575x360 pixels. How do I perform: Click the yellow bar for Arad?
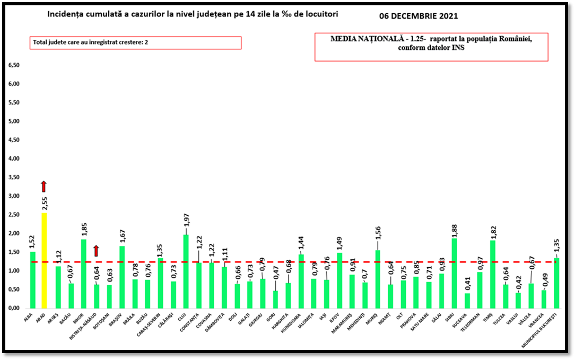click(x=45, y=260)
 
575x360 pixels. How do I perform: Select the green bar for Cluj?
click(x=185, y=271)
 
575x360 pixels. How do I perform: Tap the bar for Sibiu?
click(x=454, y=273)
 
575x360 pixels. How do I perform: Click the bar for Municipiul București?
click(x=556, y=283)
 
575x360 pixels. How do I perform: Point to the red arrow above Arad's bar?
click(x=44, y=186)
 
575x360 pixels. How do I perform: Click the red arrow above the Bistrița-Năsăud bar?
click(x=96, y=251)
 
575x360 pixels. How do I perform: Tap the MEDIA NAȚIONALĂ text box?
click(x=431, y=48)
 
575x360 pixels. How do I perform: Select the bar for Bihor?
click(x=83, y=274)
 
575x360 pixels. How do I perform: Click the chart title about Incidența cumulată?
click(x=192, y=14)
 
